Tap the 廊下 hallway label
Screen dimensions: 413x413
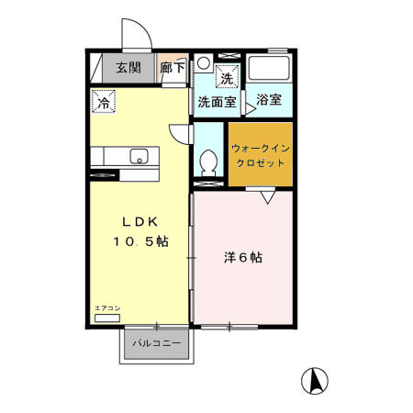coord(173,67)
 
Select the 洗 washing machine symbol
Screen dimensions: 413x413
coord(227,77)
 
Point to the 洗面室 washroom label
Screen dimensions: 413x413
coord(217,102)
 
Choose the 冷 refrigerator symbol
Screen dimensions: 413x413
coord(104,101)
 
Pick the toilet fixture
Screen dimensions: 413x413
coord(209,164)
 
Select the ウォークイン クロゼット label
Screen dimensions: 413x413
coord(260,154)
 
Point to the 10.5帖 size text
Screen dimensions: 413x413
coord(140,241)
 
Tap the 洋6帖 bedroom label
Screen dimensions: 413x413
coord(243,258)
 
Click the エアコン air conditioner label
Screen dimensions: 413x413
coord(107,308)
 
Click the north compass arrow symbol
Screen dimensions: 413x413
coord(314,380)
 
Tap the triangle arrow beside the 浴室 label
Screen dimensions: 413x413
coord(249,107)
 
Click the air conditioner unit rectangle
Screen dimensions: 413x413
coord(106,318)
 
